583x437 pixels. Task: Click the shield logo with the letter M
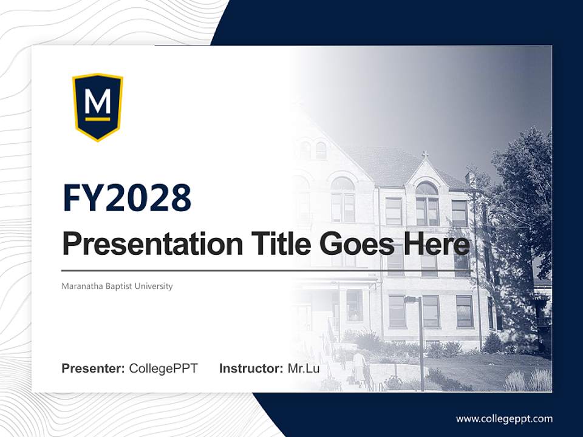point(98,107)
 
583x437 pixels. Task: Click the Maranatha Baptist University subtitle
point(117,286)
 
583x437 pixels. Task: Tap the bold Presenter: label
point(94,368)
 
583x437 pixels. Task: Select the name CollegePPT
point(163,368)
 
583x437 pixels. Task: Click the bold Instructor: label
point(251,368)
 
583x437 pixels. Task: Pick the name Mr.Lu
point(303,368)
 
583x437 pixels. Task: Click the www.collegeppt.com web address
point(504,419)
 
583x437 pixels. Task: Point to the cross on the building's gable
point(425,155)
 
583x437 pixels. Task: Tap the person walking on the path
point(360,367)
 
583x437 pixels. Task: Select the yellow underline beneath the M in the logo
point(98,119)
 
